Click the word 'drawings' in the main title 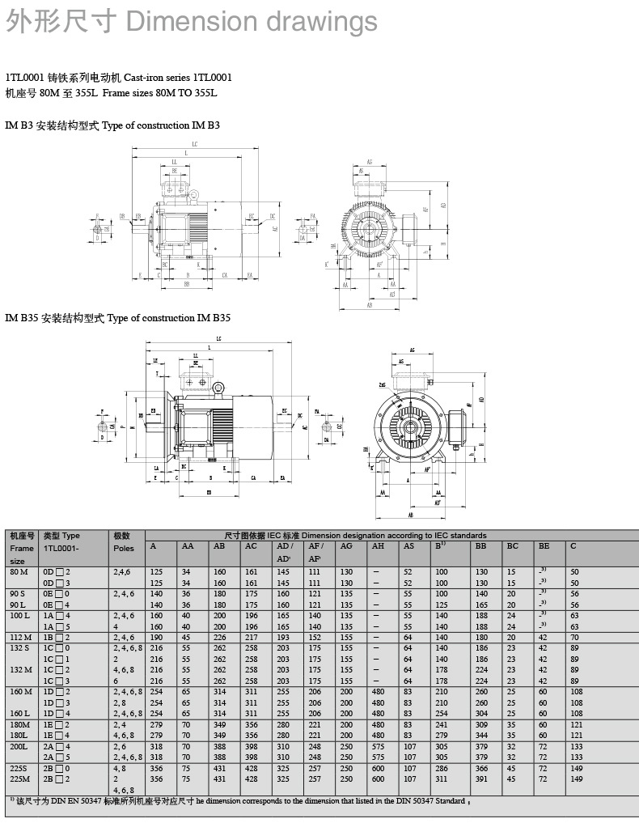[328, 22]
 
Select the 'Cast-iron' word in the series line [146, 78]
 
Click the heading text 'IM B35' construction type [22, 318]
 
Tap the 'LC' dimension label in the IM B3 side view [195, 143]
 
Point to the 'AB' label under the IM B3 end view [369, 306]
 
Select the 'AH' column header [378, 546]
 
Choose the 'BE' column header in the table [544, 546]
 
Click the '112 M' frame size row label [21, 638]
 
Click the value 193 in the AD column [283, 638]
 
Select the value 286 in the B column [442, 767]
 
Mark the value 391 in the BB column [482, 778]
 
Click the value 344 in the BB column [482, 735]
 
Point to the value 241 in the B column [442, 724]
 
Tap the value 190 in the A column [155, 638]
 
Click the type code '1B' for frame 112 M [49, 638]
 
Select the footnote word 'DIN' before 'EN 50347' [58, 801]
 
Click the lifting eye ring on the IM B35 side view [218, 388]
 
